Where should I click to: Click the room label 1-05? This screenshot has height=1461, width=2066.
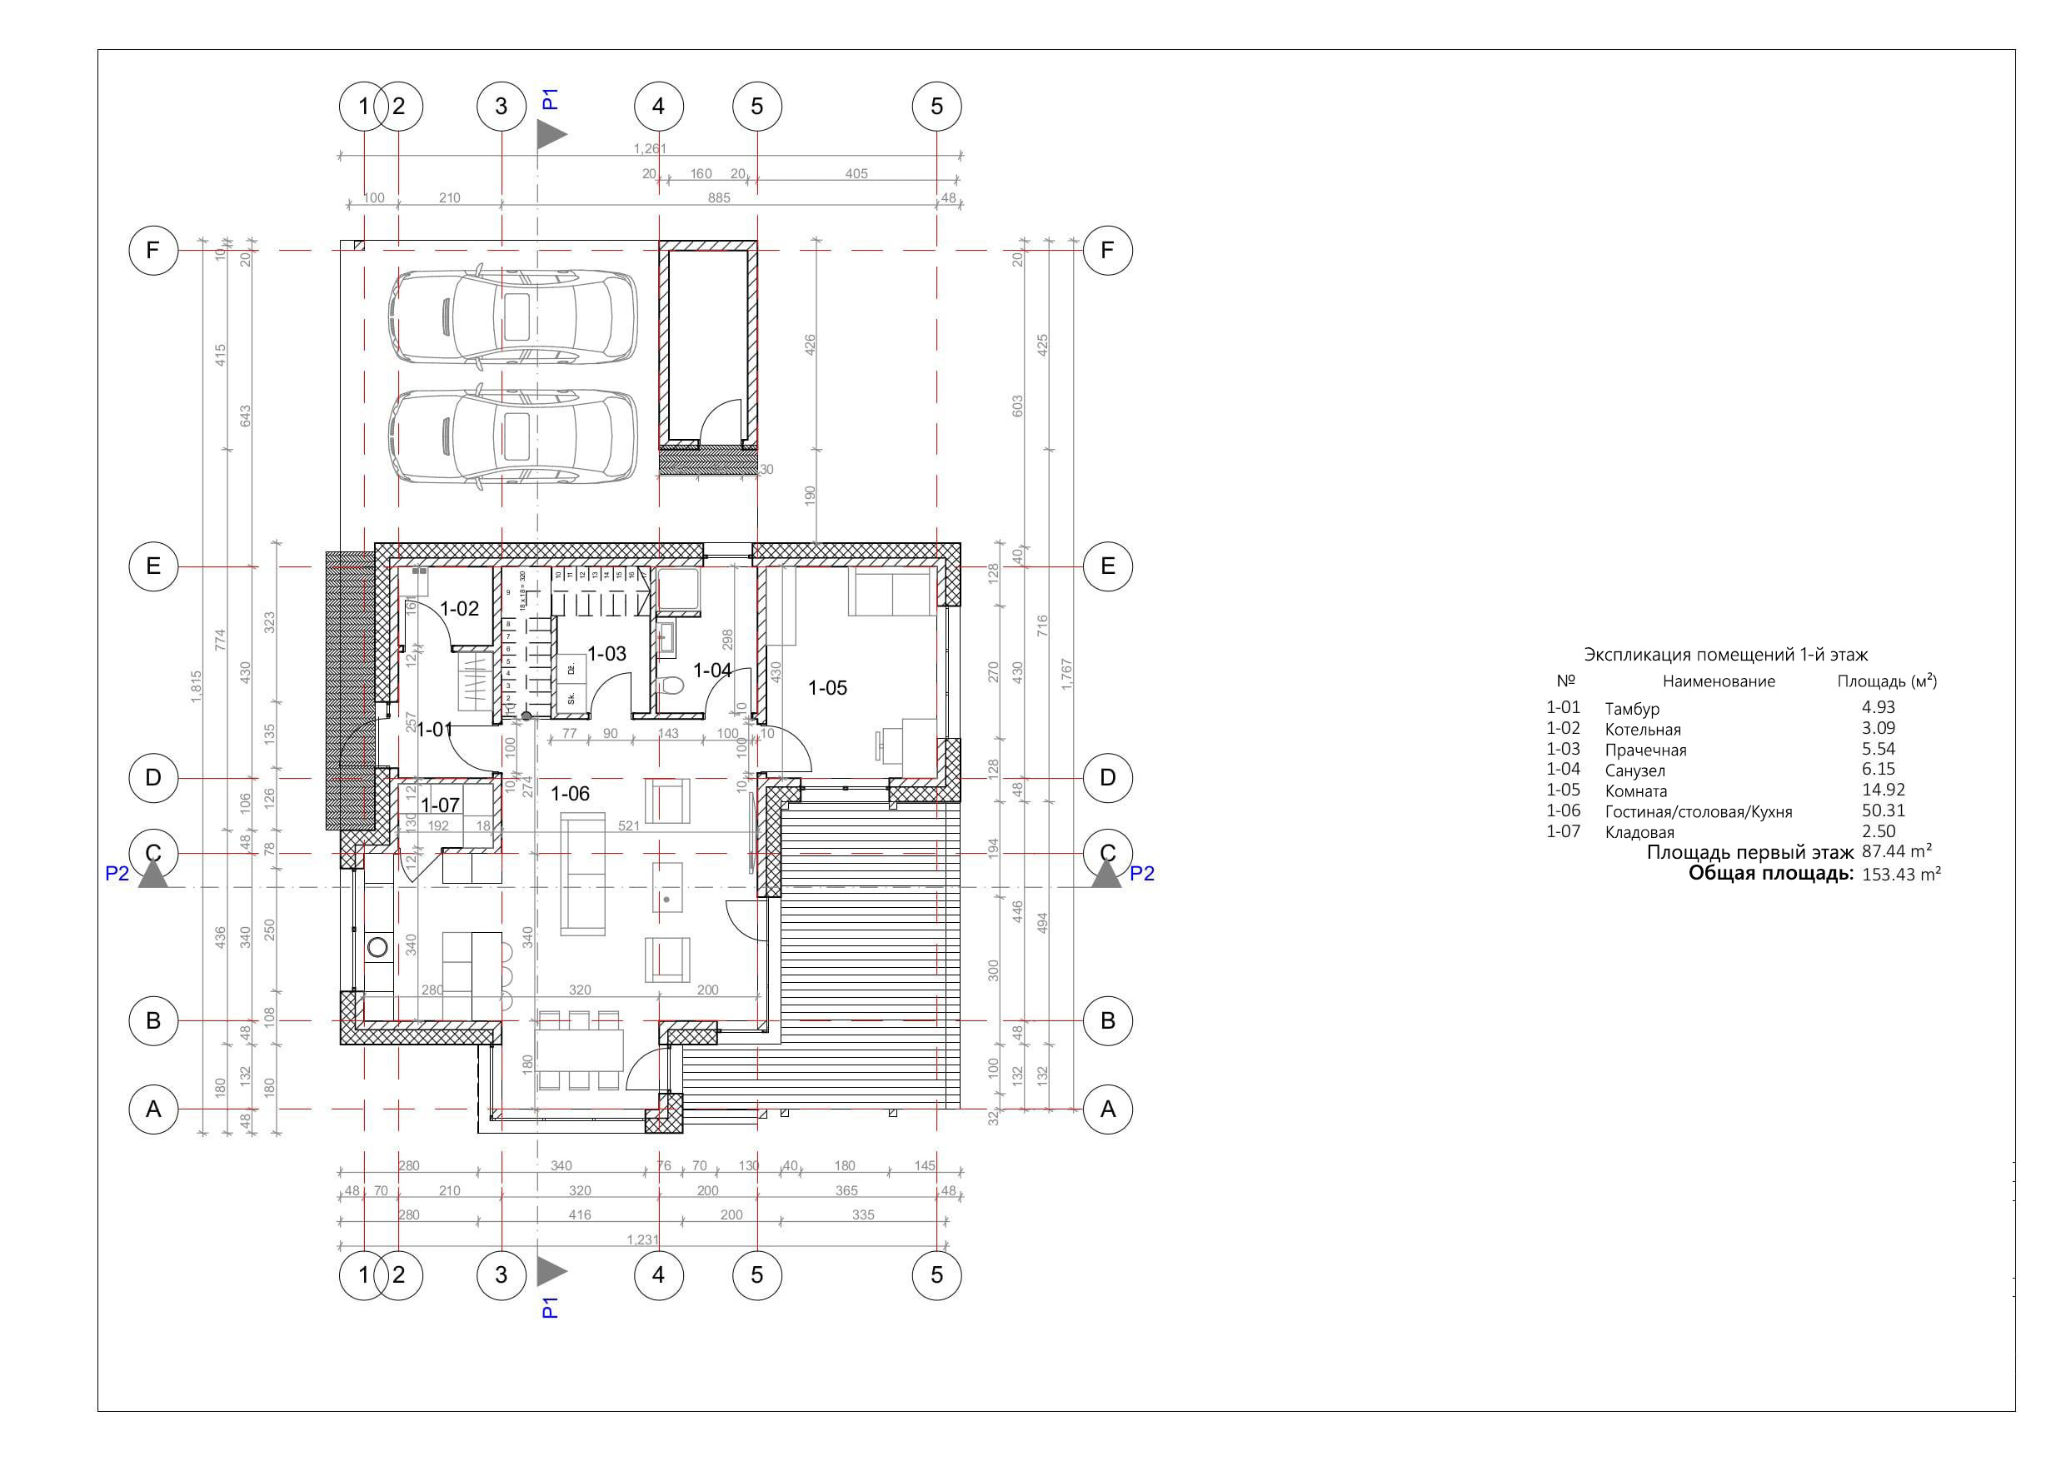tap(827, 688)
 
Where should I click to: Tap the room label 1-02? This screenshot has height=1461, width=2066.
tap(459, 609)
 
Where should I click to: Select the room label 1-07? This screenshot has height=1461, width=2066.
tap(440, 805)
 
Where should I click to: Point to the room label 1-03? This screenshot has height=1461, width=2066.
tap(606, 654)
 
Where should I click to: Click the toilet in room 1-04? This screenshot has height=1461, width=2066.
tap(671, 688)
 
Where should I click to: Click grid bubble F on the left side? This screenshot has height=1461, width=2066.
tap(153, 250)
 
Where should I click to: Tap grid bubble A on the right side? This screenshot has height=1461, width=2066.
tap(1107, 1109)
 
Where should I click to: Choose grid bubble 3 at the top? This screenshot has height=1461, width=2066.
tap(502, 106)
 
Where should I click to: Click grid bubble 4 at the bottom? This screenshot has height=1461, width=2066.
tap(659, 1274)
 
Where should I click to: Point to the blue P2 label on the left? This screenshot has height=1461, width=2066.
tap(117, 874)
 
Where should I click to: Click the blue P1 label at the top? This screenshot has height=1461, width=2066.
tap(551, 98)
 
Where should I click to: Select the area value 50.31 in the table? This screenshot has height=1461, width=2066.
tap(1884, 810)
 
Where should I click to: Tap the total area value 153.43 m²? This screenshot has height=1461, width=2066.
tap(1900, 875)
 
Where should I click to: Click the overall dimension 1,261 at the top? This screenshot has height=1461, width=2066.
tap(650, 148)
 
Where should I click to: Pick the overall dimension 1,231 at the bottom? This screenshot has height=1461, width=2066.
tap(642, 1239)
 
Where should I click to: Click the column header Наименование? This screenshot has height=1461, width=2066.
tap(1719, 682)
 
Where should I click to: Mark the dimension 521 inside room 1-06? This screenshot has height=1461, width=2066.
tap(629, 825)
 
